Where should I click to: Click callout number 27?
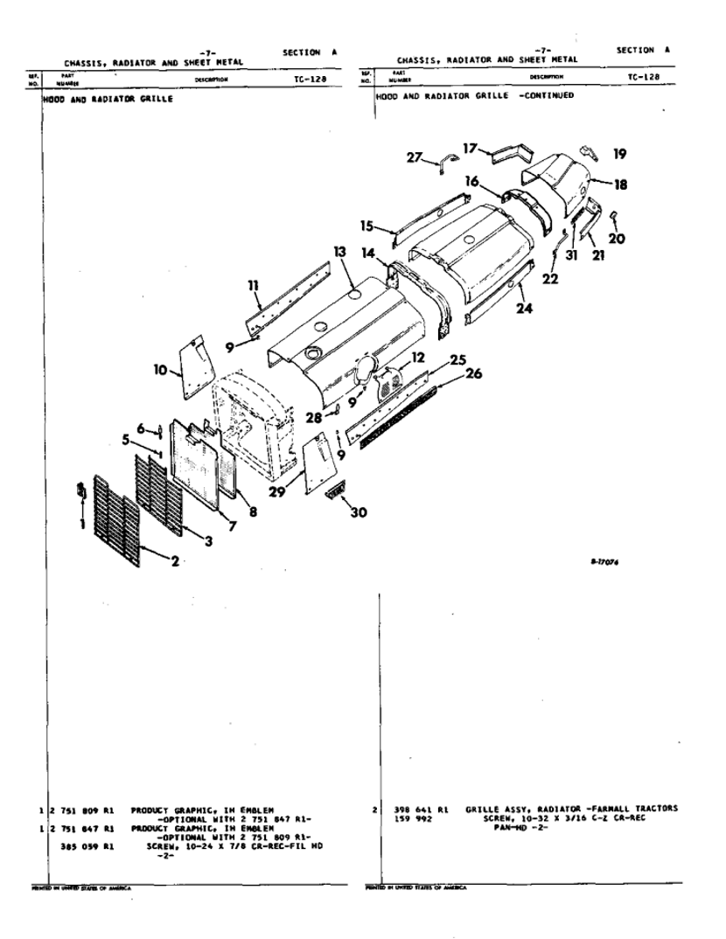click(x=413, y=157)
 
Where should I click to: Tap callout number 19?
click(x=619, y=155)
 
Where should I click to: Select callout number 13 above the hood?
click(x=339, y=253)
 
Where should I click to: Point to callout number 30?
click(x=358, y=512)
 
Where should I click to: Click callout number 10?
click(x=160, y=371)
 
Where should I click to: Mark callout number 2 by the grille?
click(x=175, y=560)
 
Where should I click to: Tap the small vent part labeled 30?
click(x=335, y=494)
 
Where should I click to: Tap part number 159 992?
click(x=415, y=818)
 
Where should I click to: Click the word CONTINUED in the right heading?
click(x=543, y=95)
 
